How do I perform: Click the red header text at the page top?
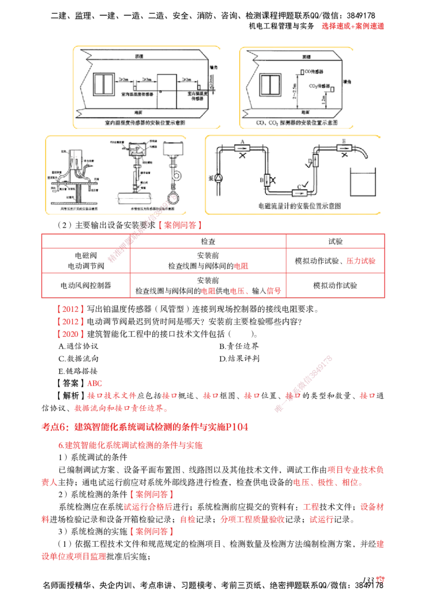point(353,26)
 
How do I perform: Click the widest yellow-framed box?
point(294,175)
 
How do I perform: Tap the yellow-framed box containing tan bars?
point(116,175)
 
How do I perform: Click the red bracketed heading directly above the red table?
point(180,225)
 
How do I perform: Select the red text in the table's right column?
point(362,261)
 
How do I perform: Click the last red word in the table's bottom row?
point(274,291)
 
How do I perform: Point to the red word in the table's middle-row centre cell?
point(241,265)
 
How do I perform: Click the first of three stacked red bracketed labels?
point(70,309)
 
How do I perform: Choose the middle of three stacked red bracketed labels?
point(70,321)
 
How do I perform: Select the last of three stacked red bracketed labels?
point(70,334)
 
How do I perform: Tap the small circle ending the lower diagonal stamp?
point(277,409)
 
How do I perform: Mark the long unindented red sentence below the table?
point(144,426)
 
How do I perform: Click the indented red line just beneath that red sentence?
point(130,446)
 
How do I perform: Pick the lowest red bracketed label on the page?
point(151,531)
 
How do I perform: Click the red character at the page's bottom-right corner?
point(380,579)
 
